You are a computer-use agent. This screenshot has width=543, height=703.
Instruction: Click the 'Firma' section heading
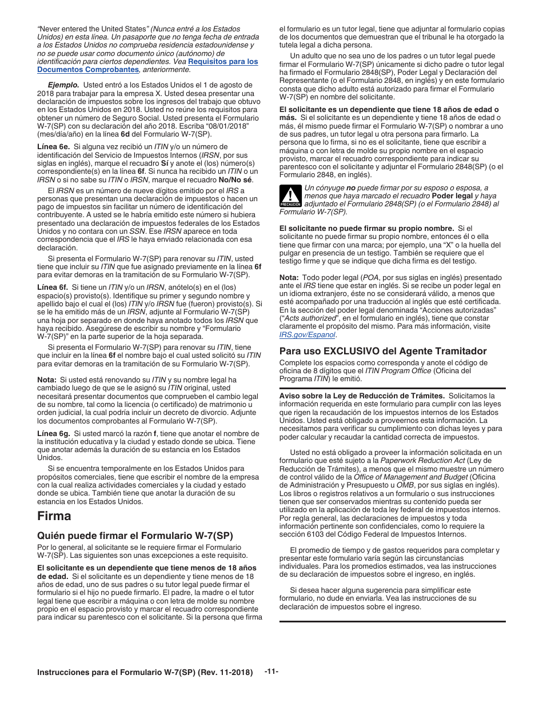(54, 516)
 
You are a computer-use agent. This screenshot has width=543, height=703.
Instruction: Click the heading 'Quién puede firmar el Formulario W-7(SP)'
(135, 536)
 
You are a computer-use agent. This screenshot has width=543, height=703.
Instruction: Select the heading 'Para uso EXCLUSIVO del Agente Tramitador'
(383, 351)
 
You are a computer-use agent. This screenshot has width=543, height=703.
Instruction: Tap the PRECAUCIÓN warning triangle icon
(290, 196)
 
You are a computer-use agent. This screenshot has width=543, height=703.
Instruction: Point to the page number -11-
(271, 672)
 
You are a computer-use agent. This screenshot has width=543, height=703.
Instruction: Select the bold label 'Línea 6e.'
(53, 147)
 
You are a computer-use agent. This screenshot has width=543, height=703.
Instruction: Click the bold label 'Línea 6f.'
(53, 287)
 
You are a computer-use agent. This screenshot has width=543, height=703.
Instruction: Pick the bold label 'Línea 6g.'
(53, 434)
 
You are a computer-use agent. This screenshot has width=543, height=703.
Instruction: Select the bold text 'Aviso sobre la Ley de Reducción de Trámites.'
(362, 396)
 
